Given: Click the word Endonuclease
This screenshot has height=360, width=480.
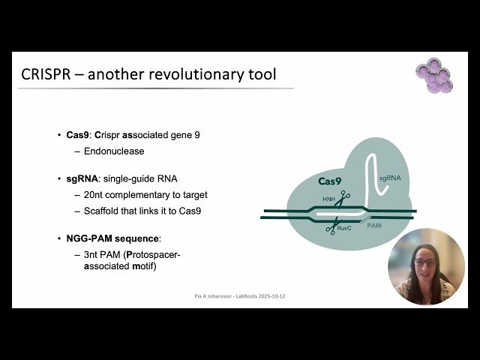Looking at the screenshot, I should pos(114,151).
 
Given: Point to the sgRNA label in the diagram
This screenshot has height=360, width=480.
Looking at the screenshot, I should pos(391,178).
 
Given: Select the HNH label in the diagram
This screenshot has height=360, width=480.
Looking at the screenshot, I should pos(328,199).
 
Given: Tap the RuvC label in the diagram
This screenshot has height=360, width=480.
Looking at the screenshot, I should pos(346,227).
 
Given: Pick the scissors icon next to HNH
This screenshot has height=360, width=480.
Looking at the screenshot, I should pos(343,199).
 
